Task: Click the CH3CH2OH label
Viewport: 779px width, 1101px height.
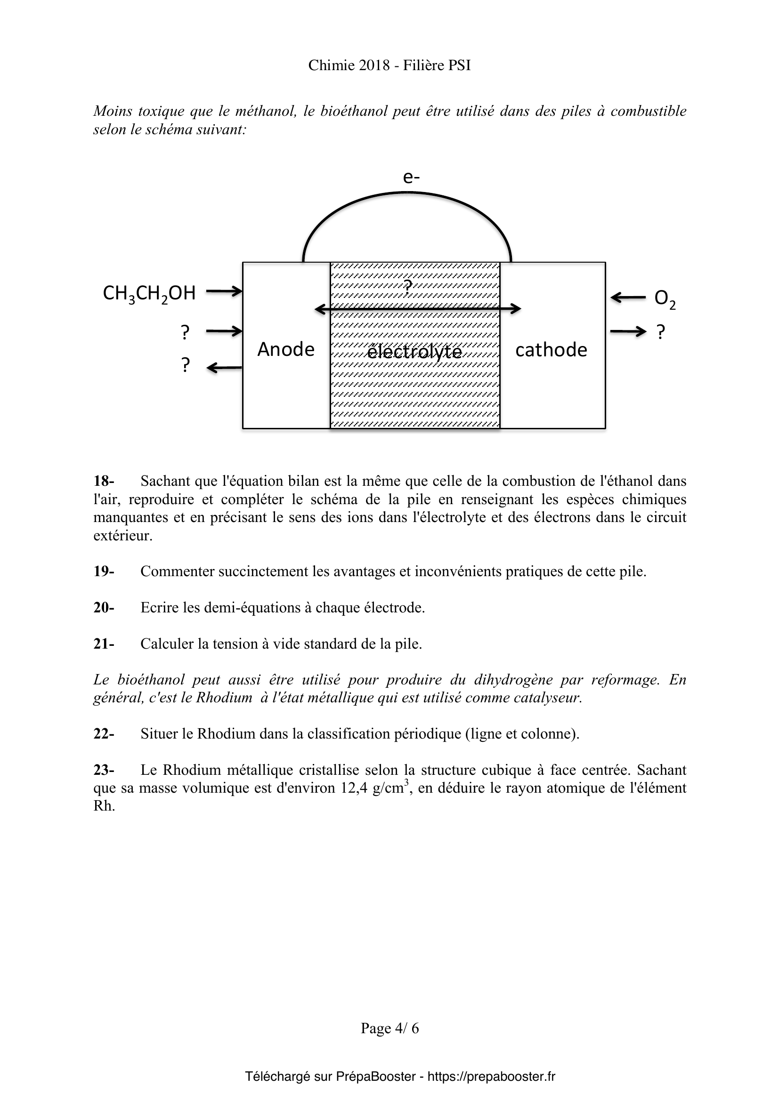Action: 149,293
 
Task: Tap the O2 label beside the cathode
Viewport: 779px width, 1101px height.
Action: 665,299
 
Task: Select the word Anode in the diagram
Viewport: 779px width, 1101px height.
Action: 286,350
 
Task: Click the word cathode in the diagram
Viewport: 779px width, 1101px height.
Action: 551,350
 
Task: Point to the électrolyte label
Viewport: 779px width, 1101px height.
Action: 414,352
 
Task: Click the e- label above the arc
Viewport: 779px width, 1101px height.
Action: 412,177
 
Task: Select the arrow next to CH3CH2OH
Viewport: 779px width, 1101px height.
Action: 224,290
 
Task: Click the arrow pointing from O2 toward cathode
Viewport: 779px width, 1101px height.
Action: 628,298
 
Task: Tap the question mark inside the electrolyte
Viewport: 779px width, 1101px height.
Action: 408,286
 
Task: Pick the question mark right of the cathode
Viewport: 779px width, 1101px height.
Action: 661,332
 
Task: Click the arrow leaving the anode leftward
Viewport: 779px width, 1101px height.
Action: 224,368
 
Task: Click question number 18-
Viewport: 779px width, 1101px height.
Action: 104,481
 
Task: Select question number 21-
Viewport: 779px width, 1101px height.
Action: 104,644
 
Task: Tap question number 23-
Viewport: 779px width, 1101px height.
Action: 104,770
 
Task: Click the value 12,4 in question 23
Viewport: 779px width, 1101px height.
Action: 355,788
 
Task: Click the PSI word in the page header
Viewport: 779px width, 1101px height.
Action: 460,65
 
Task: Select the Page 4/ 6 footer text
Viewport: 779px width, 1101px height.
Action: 389,1028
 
